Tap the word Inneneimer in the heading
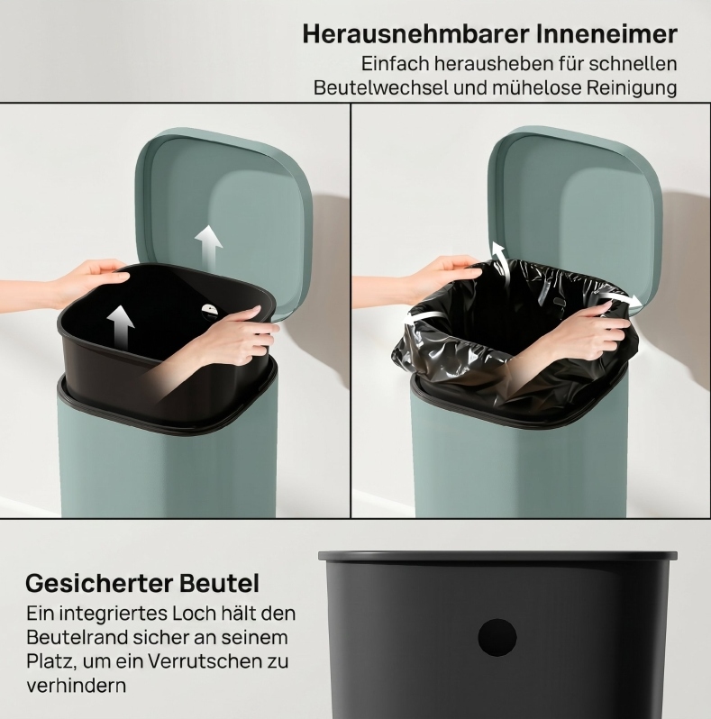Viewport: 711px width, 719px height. coord(605,34)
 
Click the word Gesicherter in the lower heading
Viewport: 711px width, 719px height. coord(99,583)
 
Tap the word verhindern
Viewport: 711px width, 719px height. coord(76,686)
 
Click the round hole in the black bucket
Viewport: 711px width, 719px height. coord(497,637)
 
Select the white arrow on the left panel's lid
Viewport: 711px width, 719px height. coord(209,248)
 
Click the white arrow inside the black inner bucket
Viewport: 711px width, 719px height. coord(121,326)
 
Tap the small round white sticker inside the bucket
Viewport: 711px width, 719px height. coord(212,311)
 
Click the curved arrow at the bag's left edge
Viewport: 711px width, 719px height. coord(425,318)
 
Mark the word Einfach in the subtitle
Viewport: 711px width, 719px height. coord(395,64)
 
